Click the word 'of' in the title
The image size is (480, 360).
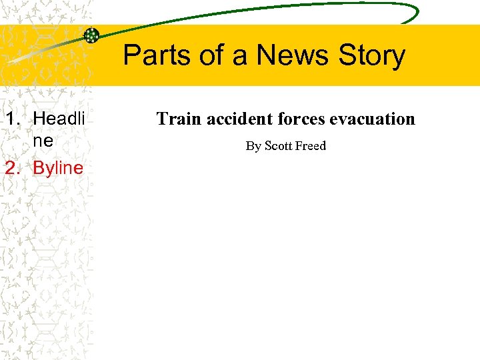pos(213,55)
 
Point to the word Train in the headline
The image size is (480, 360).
pos(179,119)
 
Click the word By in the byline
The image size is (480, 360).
pos(253,146)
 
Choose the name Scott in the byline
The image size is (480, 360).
pos(279,146)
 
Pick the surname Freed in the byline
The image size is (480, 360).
pos(311,146)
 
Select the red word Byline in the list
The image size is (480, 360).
pos(58,168)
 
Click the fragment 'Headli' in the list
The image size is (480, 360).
pos(59,119)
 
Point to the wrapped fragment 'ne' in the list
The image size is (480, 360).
pos(43,142)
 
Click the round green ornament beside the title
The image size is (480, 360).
pos(92,36)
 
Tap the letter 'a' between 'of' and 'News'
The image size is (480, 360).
pos(239,57)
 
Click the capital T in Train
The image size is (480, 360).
pos(162,119)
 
